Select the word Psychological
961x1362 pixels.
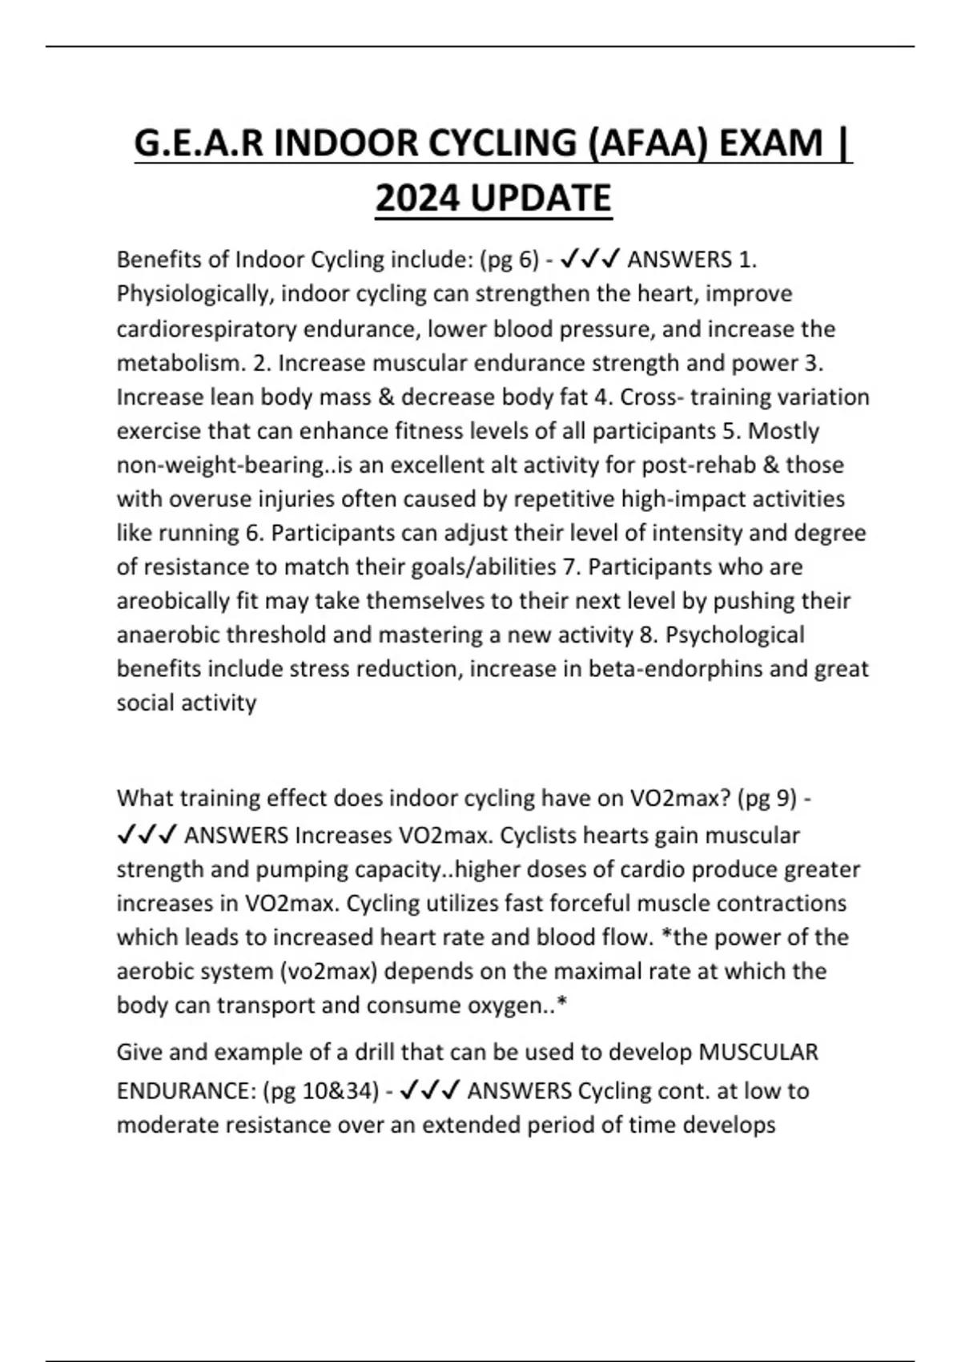[x=735, y=635]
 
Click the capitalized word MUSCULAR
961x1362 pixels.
[x=758, y=1052]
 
